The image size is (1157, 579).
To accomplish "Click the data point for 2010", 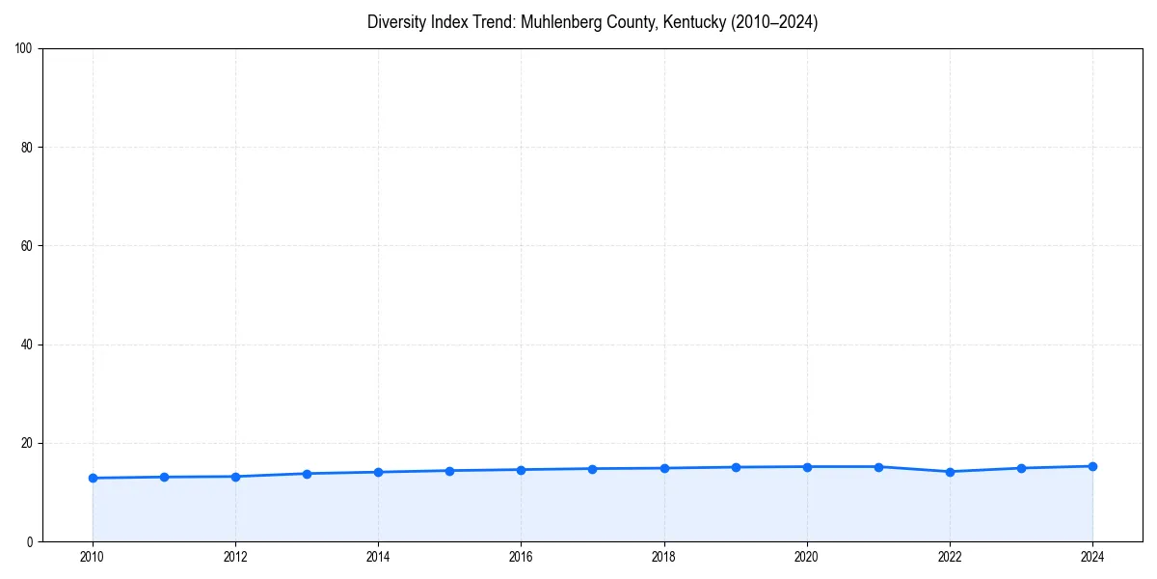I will pyautogui.click(x=93, y=478).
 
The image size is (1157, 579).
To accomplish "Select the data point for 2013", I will pyautogui.click(x=307, y=474).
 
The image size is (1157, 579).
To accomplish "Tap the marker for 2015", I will pyautogui.click(x=449, y=471).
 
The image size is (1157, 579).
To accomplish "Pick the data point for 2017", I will pyautogui.click(x=592, y=469).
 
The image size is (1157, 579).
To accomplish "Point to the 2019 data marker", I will pyautogui.click(x=736, y=467).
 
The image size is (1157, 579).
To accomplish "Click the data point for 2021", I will pyautogui.click(x=878, y=467).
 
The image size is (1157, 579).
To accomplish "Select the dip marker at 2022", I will pyautogui.click(x=950, y=472).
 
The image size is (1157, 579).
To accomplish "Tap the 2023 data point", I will pyautogui.click(x=1021, y=468).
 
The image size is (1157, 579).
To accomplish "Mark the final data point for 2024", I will pyautogui.click(x=1092, y=466).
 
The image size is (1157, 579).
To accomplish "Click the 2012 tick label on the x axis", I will pyautogui.click(x=235, y=557).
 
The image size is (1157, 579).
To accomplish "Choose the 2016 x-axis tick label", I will pyautogui.click(x=521, y=557).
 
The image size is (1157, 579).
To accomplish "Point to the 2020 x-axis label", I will pyautogui.click(x=807, y=557).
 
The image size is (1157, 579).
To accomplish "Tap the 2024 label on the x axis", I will pyautogui.click(x=1092, y=557).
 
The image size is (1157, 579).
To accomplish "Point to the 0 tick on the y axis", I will pyautogui.click(x=32, y=541).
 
